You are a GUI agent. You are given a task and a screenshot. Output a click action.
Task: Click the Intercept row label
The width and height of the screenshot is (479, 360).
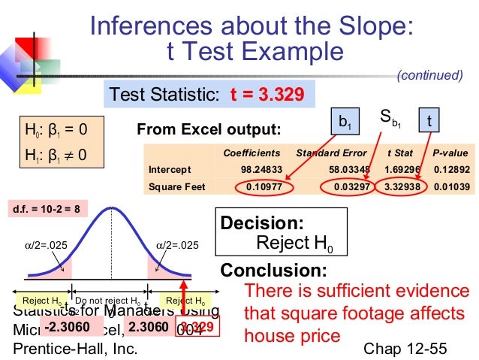pos(170,168)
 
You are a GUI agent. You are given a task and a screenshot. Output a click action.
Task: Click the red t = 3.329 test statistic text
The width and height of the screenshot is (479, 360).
pos(267,95)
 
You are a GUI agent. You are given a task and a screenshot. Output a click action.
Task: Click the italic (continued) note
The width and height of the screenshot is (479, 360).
pos(429,75)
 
